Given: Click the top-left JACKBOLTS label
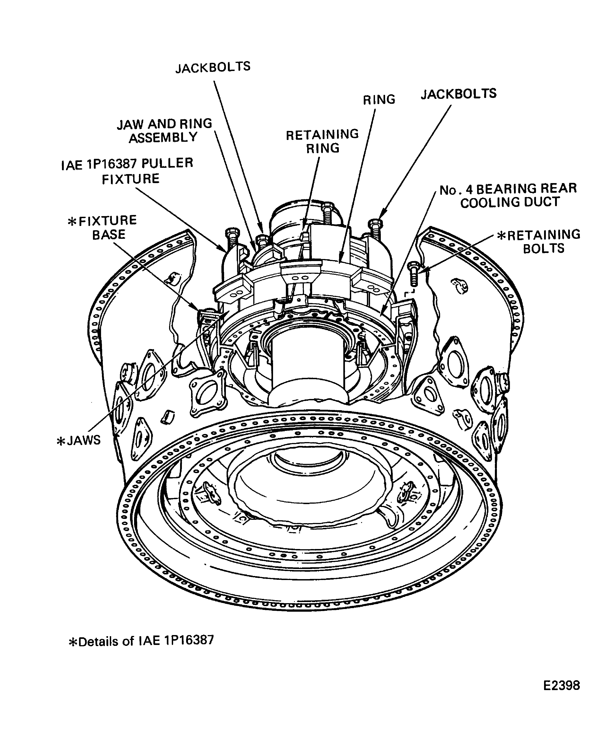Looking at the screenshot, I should [213, 67].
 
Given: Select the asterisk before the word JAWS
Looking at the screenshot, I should [61, 441].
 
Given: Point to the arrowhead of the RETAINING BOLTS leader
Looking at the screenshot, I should [422, 269].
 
